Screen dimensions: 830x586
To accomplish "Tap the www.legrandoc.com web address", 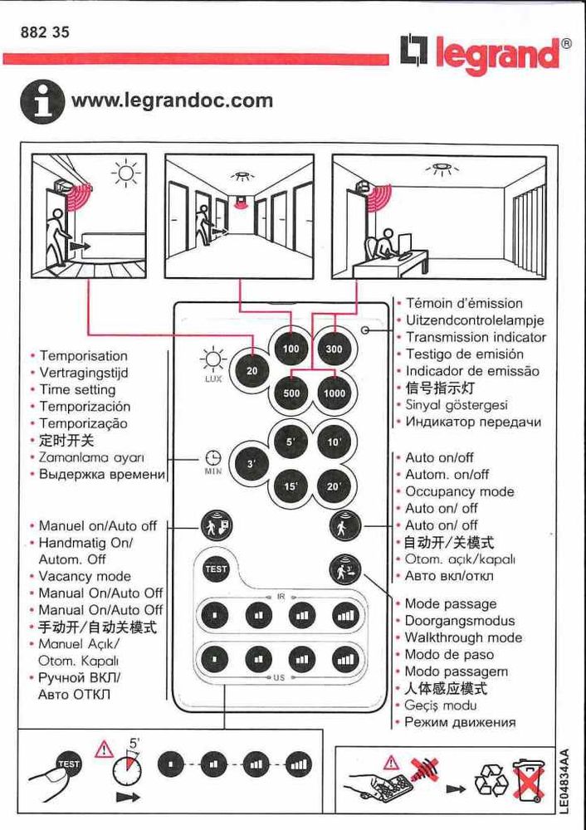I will coord(172,101).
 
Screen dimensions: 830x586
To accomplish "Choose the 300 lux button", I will coord(335,349).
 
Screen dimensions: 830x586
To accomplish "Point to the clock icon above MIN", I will coord(213,457).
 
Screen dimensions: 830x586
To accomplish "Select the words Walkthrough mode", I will coord(463,637).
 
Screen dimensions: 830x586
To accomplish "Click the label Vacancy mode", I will coord(85,576).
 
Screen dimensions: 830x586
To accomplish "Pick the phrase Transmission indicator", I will coord(476,337).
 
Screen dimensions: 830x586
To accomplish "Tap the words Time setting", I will coord(77,389).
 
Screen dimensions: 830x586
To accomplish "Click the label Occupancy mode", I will coord(459,491).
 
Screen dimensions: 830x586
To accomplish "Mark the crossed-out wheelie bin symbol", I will coord(527,781).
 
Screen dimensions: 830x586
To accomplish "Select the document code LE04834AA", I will coord(564,780).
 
